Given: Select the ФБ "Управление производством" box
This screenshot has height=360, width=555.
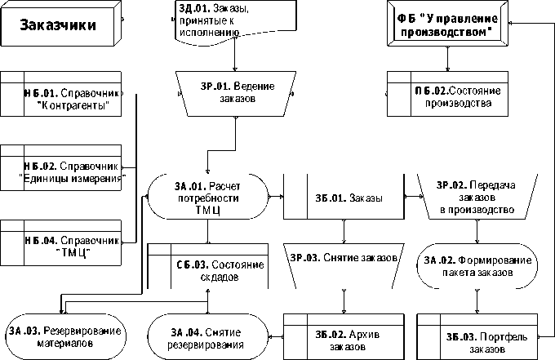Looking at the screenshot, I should [448, 25].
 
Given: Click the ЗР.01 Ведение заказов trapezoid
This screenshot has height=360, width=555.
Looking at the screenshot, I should [236, 91].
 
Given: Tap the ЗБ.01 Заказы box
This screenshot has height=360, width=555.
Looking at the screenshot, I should [344, 198].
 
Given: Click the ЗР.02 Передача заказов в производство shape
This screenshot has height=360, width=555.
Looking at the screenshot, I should [477, 198].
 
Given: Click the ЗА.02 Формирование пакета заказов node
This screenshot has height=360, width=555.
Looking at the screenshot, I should [477, 266].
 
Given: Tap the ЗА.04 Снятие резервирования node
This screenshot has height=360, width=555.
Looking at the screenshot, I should [209, 336].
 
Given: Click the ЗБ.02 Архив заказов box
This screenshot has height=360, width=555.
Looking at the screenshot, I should [344, 336].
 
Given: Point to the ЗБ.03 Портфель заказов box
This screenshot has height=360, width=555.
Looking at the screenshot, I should [477, 336].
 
